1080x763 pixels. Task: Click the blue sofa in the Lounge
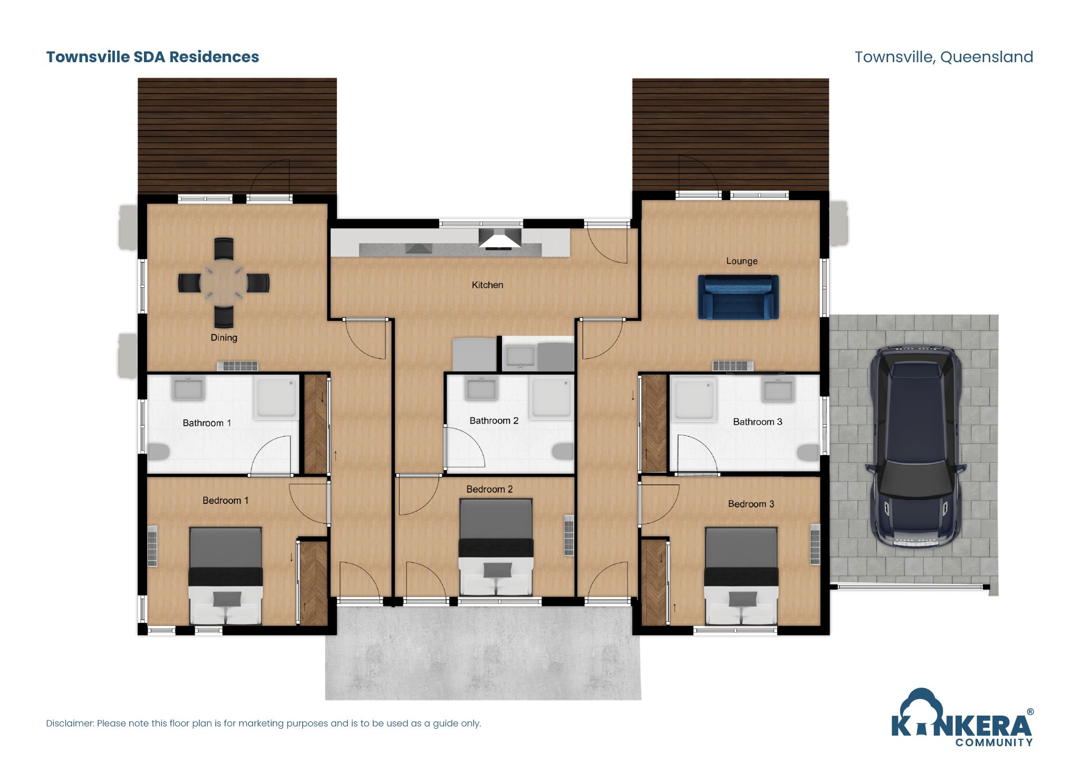[738, 297]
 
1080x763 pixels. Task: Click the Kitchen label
[487, 285]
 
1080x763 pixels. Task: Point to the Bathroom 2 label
[494, 420]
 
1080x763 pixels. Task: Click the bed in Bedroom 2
[496, 548]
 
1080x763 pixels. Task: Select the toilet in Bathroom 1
[158, 452]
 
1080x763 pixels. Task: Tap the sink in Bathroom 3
[778, 390]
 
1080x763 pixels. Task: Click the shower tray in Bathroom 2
[551, 397]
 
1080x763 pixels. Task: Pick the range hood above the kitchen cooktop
[500, 239]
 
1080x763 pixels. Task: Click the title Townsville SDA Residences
[152, 57]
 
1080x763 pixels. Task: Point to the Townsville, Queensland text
[943, 57]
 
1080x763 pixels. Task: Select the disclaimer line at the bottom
[263, 723]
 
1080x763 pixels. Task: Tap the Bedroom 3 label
[751, 504]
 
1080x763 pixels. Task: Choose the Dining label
[224, 338]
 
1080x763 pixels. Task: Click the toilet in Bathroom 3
[807, 452]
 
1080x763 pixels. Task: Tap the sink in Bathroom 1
[188, 390]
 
